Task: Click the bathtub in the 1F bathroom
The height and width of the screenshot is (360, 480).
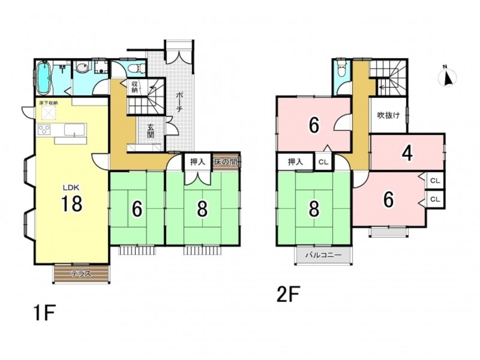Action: point(43,78)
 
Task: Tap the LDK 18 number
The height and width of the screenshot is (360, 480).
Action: point(71,203)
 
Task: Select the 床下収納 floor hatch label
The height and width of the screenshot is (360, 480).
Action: point(49,103)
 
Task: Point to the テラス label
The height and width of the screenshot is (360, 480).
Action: point(81,274)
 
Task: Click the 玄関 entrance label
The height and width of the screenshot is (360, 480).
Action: point(151,131)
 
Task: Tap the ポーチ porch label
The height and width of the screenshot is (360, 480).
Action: point(179,102)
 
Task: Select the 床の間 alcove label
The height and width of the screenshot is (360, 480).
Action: point(226,161)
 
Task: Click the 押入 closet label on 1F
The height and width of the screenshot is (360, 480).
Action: point(197,161)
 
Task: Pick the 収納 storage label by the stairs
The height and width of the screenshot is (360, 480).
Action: point(134,86)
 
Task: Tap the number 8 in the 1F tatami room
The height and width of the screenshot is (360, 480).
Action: point(202,209)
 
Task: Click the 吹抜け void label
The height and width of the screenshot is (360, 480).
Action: point(388,115)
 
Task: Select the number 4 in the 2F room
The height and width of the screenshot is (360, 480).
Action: point(407,152)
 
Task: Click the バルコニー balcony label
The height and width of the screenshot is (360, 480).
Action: point(323,254)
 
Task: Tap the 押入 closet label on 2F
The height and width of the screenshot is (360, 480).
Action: point(295,161)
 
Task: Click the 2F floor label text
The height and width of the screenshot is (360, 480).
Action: point(288,293)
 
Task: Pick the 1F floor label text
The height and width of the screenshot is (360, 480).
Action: point(44,313)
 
